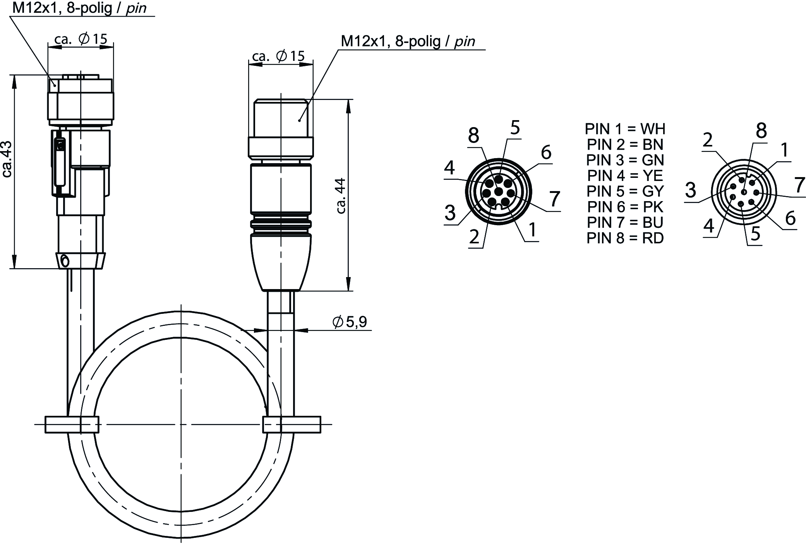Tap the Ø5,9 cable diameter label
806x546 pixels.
(x=350, y=322)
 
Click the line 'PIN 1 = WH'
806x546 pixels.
(x=625, y=129)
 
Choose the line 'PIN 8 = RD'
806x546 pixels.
(x=625, y=238)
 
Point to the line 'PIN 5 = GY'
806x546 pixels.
(x=625, y=191)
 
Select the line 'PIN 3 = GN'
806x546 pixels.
(x=625, y=160)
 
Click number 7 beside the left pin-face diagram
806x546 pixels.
(x=555, y=199)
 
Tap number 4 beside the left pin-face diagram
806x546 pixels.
(x=449, y=168)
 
